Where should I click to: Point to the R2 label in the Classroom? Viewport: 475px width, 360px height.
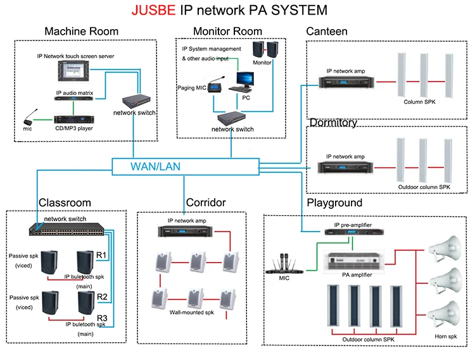(101, 296)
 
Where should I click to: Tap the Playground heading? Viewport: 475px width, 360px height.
(334, 203)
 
